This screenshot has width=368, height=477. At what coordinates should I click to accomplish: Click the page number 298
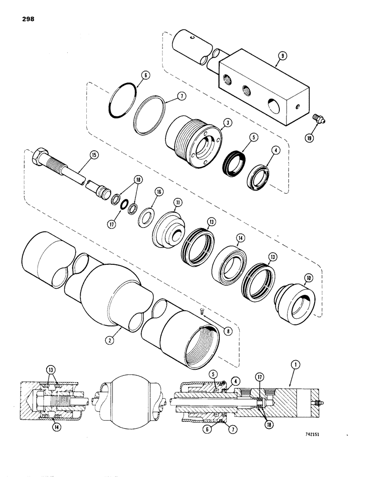[x=27, y=19]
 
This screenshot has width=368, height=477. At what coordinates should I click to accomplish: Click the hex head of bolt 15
[x=40, y=156]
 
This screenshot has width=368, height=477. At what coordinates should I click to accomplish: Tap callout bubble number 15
[x=93, y=155]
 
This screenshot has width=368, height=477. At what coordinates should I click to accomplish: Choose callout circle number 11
[x=177, y=203]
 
